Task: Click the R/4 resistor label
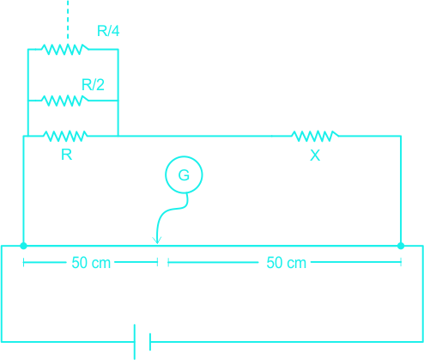click(108, 31)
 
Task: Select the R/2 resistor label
click(93, 85)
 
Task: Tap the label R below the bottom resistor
click(67, 155)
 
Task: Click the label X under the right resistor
click(315, 156)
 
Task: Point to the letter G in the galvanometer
click(184, 175)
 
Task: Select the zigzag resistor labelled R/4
click(65, 49)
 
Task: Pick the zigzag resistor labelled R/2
click(65, 101)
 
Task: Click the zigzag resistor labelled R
click(65, 136)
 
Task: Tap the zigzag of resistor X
click(315, 136)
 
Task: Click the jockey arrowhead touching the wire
click(157, 241)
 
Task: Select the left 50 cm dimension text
click(91, 263)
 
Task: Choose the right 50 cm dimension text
click(287, 263)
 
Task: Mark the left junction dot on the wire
click(23, 246)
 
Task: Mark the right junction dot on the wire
click(401, 246)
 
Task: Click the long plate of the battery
click(135, 342)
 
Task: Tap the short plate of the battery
click(150, 342)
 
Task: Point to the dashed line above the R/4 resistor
click(68, 20)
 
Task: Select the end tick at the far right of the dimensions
click(401, 262)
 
